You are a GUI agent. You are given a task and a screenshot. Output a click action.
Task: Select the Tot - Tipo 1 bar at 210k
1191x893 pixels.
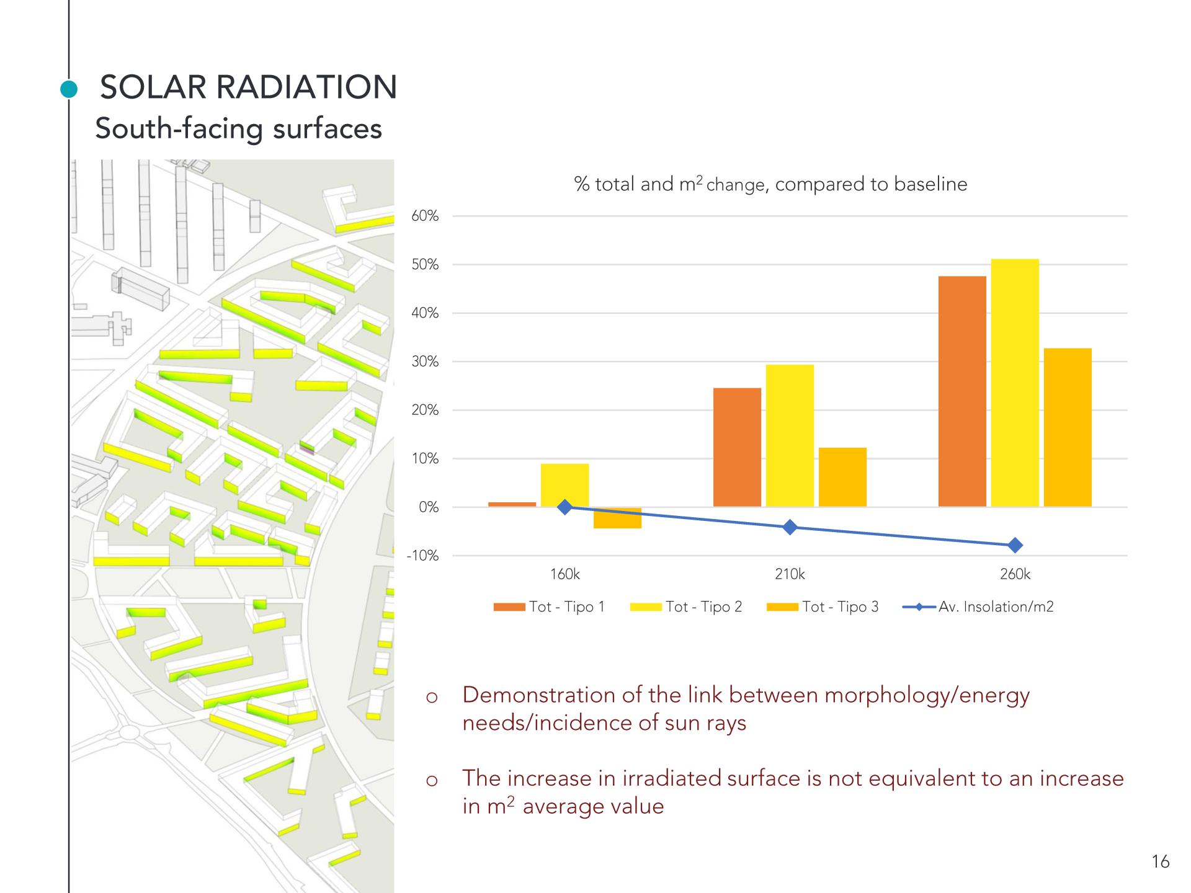(x=737, y=447)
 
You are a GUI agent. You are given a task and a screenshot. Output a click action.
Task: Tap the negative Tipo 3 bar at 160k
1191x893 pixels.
(x=617, y=518)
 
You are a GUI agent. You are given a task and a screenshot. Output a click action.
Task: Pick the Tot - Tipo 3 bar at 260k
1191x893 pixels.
(x=1068, y=427)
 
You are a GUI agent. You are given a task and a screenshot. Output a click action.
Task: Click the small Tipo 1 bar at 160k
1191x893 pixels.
(x=512, y=504)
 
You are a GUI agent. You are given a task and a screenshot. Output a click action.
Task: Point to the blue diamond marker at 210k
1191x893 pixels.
(x=790, y=527)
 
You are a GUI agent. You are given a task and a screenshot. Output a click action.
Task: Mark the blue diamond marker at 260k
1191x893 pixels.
(x=1015, y=546)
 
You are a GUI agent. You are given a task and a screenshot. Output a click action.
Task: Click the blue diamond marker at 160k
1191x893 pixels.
(x=564, y=507)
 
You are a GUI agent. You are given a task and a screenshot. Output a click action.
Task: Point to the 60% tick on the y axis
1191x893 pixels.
(x=425, y=216)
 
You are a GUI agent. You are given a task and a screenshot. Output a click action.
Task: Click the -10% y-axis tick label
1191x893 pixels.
(x=422, y=556)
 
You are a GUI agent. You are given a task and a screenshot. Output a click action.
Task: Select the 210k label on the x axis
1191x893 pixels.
(x=790, y=574)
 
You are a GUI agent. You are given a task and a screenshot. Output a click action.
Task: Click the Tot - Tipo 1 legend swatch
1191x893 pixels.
(x=509, y=607)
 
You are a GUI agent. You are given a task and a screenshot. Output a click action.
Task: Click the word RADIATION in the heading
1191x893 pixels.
(x=306, y=87)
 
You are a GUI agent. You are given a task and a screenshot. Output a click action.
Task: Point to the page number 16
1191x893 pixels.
(x=1160, y=862)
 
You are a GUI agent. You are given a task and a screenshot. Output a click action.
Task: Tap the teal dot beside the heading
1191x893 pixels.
(x=69, y=89)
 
